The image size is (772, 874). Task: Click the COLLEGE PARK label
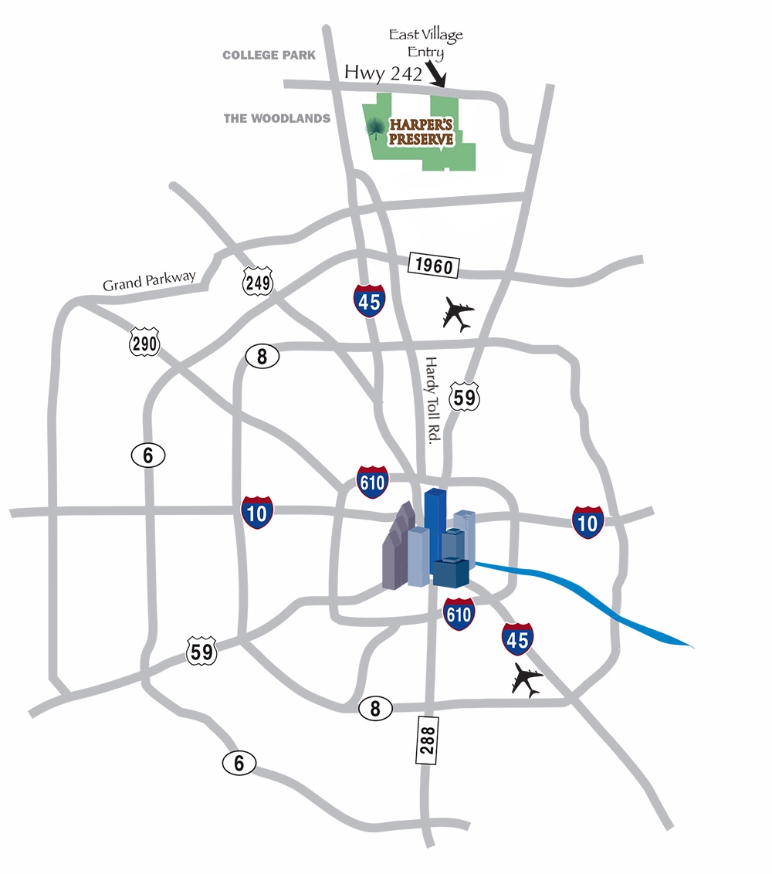(269, 56)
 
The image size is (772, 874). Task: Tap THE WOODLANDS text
(276, 119)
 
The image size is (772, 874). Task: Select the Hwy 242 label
(383, 73)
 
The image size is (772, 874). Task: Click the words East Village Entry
(425, 42)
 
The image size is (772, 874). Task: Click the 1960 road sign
(434, 266)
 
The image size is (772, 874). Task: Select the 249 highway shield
(257, 282)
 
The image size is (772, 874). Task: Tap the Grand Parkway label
(150, 279)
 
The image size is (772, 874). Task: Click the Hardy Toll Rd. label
(432, 398)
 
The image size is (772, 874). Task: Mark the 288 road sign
(427, 740)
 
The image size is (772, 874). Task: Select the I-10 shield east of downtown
(587, 522)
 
